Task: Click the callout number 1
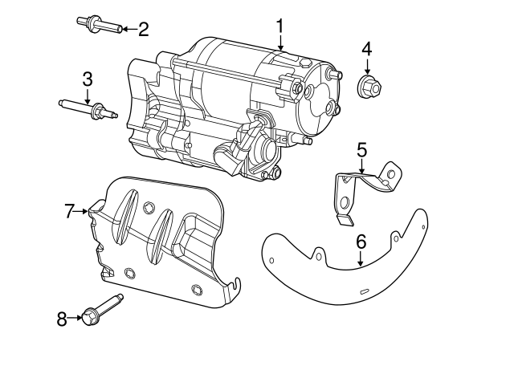pyautogui.click(x=280, y=26)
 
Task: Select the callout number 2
pyautogui.click(x=144, y=30)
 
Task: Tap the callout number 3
pyautogui.click(x=88, y=79)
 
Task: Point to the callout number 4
pyautogui.click(x=366, y=49)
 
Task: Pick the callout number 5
pyautogui.click(x=361, y=148)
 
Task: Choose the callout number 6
pyautogui.click(x=361, y=241)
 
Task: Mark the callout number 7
pyautogui.click(x=70, y=211)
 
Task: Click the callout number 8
pyautogui.click(x=62, y=318)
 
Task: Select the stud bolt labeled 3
pyautogui.click(x=88, y=108)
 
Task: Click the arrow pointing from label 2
pyautogui.click(x=129, y=30)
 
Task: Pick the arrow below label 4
pyautogui.click(x=366, y=66)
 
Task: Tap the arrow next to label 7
pyautogui.click(x=84, y=211)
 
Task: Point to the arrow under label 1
pyautogui.click(x=280, y=43)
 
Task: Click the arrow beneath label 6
pyautogui.click(x=361, y=258)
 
